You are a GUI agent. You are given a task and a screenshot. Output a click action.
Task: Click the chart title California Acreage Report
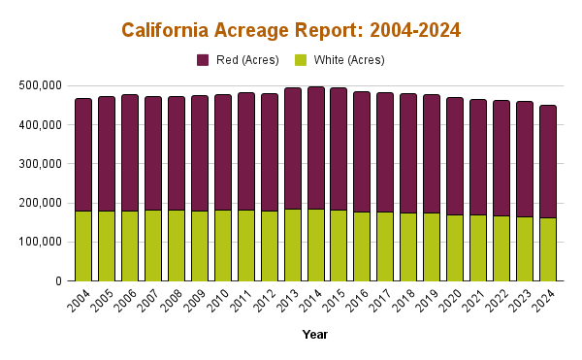tap(291, 30)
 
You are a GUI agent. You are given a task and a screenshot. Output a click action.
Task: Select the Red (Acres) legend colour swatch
tap(203, 60)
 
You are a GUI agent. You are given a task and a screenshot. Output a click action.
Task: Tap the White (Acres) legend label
tap(342, 60)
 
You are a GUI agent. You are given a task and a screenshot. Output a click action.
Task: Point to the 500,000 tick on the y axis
tap(41, 85)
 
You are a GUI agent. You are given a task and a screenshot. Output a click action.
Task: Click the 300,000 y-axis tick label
tap(41, 164)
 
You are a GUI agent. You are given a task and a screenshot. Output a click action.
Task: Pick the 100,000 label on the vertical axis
tap(41, 243)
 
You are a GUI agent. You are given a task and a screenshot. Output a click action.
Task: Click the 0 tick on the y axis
tap(58, 281)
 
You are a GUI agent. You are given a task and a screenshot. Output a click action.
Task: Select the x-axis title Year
tap(314, 335)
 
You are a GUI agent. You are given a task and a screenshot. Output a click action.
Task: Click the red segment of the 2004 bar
tap(83, 154)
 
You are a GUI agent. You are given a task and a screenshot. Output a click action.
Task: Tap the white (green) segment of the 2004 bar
tap(83, 245)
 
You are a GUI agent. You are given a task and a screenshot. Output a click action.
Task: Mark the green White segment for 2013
tap(292, 245)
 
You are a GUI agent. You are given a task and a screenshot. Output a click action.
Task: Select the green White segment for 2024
tap(548, 249)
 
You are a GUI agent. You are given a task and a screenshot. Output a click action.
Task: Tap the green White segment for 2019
tap(432, 246)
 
